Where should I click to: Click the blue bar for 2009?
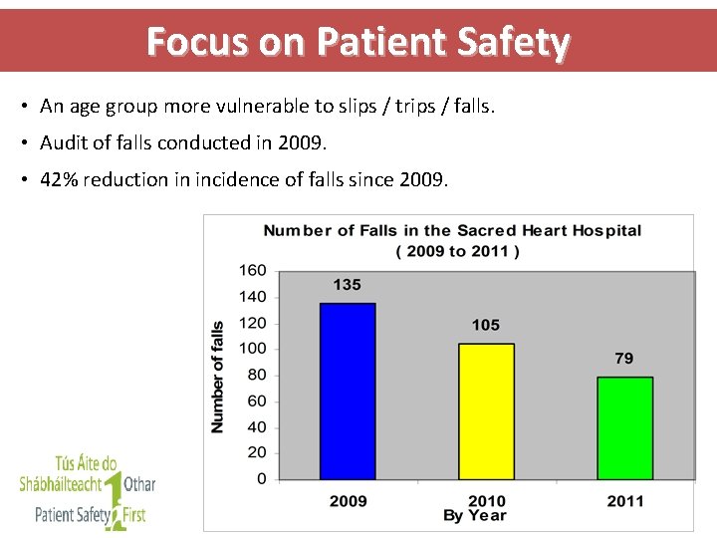click(x=348, y=391)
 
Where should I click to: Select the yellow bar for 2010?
click(x=486, y=410)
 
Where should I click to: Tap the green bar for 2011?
click(x=624, y=427)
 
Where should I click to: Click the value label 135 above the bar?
click(x=347, y=285)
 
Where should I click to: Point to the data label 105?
click(x=486, y=325)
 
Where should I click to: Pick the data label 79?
click(x=623, y=359)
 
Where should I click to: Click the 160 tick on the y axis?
click(x=253, y=270)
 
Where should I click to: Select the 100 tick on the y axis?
click(x=253, y=349)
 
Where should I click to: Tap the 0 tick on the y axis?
click(x=261, y=479)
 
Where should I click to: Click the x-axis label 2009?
click(x=348, y=501)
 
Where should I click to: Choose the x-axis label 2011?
click(x=624, y=501)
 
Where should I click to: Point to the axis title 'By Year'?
click(x=474, y=516)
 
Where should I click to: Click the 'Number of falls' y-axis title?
click(x=218, y=376)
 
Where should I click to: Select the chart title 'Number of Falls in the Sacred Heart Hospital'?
click(x=452, y=230)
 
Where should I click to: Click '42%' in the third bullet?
click(x=59, y=180)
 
